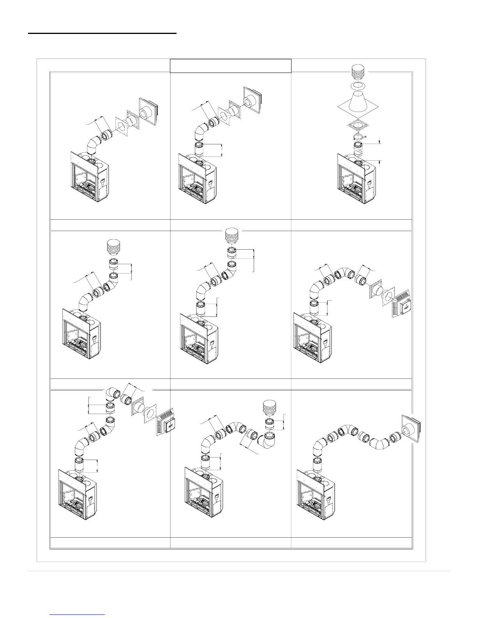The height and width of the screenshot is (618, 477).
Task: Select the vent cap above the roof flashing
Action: pos(359,73)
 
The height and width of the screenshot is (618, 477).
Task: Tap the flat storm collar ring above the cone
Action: pos(359,85)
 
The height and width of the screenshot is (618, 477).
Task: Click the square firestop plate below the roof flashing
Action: pos(359,126)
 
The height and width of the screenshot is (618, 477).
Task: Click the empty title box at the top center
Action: pos(231,66)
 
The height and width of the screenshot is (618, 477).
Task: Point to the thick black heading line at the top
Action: pos(102,34)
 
